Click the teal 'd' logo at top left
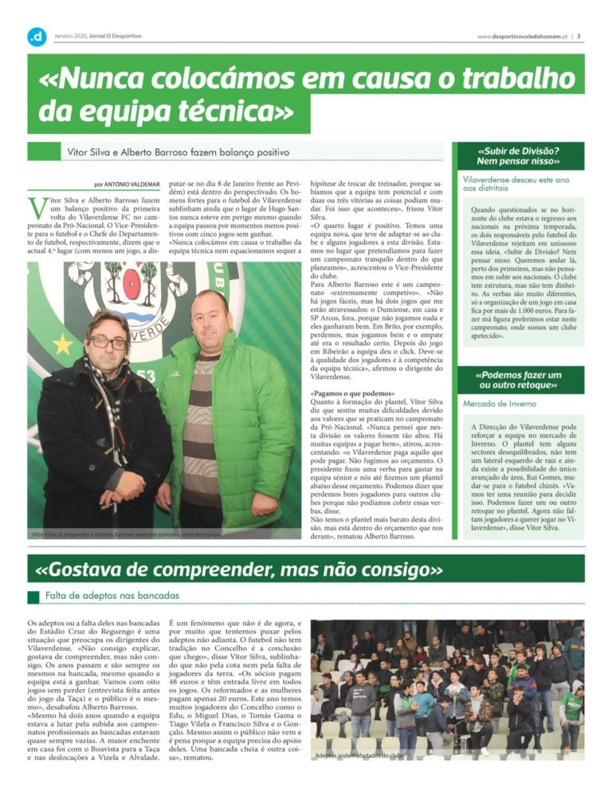click(x=37, y=36)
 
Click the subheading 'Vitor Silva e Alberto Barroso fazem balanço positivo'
click(x=177, y=151)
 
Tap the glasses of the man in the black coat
click(x=108, y=343)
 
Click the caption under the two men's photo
click(x=124, y=534)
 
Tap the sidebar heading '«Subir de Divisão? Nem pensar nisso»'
click(x=518, y=156)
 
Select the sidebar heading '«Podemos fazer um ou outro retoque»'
click(x=518, y=380)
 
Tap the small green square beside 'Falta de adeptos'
click(x=33, y=597)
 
